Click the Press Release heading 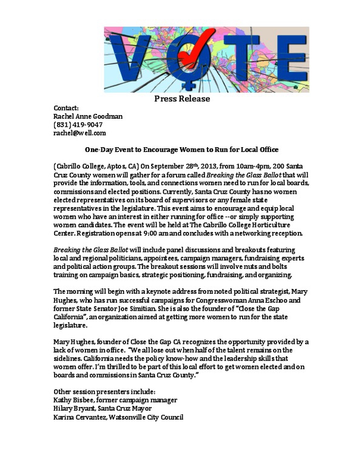point(182,98)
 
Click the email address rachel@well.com point(79,133)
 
